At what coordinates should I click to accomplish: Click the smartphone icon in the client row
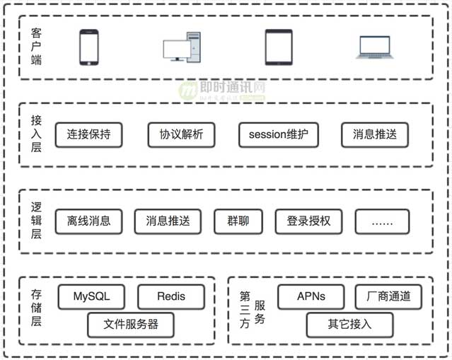coord(88,47)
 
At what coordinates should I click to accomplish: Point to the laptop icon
coord(375,47)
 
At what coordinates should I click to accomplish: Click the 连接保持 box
coord(88,134)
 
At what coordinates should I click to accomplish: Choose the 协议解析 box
coord(181,134)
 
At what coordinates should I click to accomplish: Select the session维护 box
coord(279,134)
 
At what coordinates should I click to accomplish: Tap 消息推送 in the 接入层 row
coord(374,134)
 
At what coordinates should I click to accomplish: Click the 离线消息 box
coord(88,221)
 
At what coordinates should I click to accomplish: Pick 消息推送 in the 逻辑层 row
coord(168,221)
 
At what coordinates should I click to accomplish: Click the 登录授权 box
coord(308,221)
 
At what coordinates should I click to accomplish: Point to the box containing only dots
coord(382,221)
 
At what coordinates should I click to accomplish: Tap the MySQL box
coord(91,296)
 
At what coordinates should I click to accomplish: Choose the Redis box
coord(170,296)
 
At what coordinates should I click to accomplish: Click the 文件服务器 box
coord(130,325)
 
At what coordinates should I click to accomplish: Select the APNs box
coord(311,296)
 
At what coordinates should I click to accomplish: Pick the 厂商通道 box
coord(388,296)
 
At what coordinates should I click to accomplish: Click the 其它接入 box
coord(349,325)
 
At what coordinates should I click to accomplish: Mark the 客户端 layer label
coord(36,47)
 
